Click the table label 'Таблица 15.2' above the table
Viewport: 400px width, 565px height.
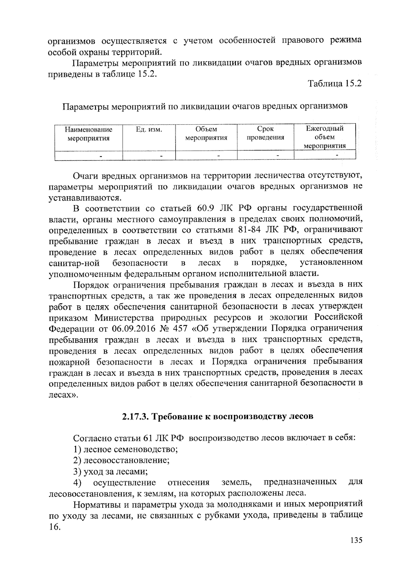click(335, 84)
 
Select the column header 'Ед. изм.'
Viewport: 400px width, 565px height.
click(149, 129)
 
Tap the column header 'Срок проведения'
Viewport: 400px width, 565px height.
click(265, 133)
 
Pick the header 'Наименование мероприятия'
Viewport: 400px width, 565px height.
click(89, 134)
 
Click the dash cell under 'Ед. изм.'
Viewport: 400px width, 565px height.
click(161, 155)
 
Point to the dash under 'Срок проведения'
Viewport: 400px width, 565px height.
click(278, 155)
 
